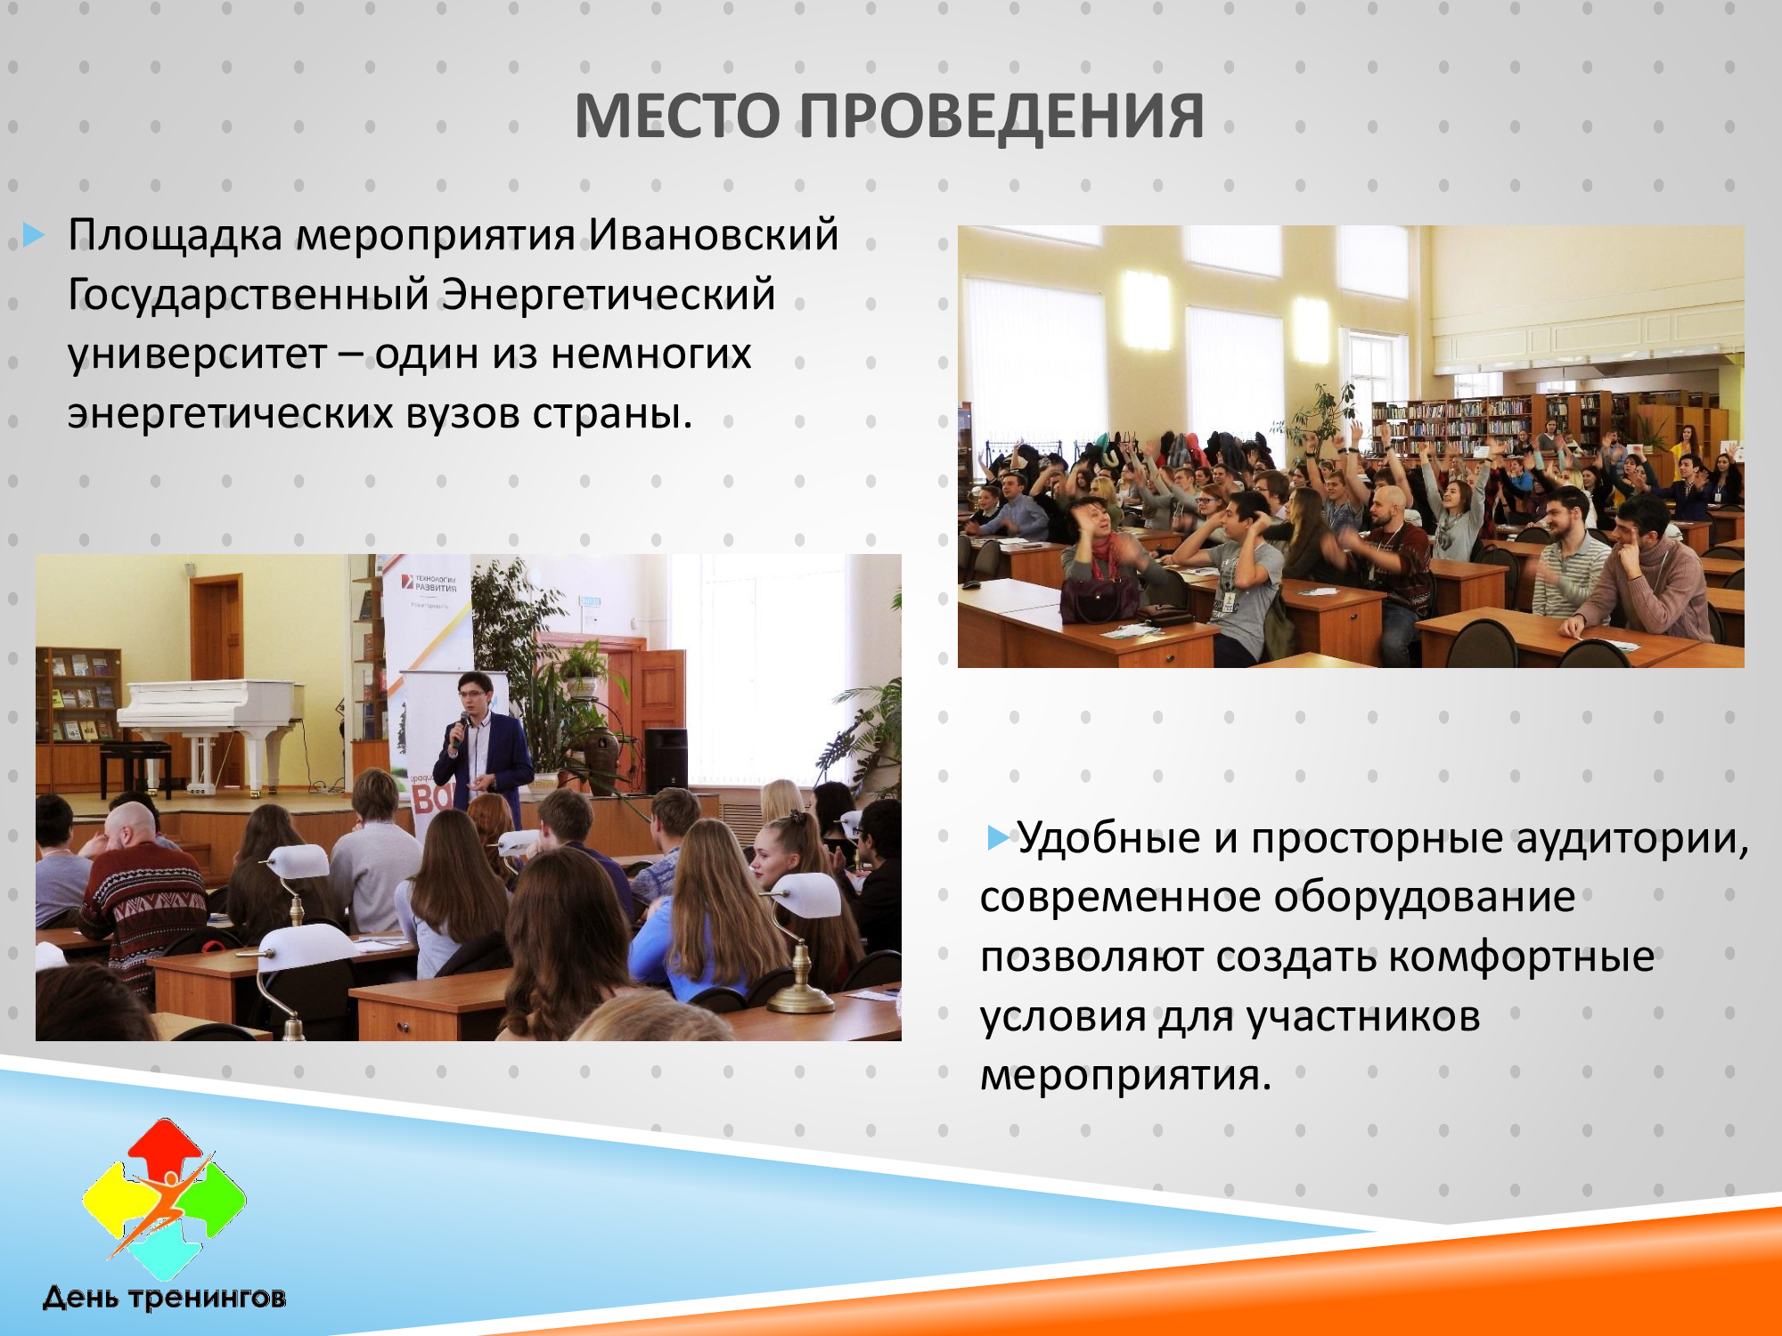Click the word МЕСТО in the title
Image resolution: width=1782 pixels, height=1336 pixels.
click(x=678, y=116)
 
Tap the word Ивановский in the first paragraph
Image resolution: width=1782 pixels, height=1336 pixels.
click(x=713, y=235)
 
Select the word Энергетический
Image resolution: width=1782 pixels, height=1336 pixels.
click(x=609, y=295)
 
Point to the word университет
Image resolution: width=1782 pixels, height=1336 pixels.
click(x=197, y=354)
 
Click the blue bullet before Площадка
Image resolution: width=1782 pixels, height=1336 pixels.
click(x=34, y=235)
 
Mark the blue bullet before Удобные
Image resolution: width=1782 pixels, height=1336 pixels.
click(x=999, y=838)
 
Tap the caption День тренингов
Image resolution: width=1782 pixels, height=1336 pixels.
click(x=164, y=1298)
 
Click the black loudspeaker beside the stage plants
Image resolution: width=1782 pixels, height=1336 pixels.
click(x=666, y=759)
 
